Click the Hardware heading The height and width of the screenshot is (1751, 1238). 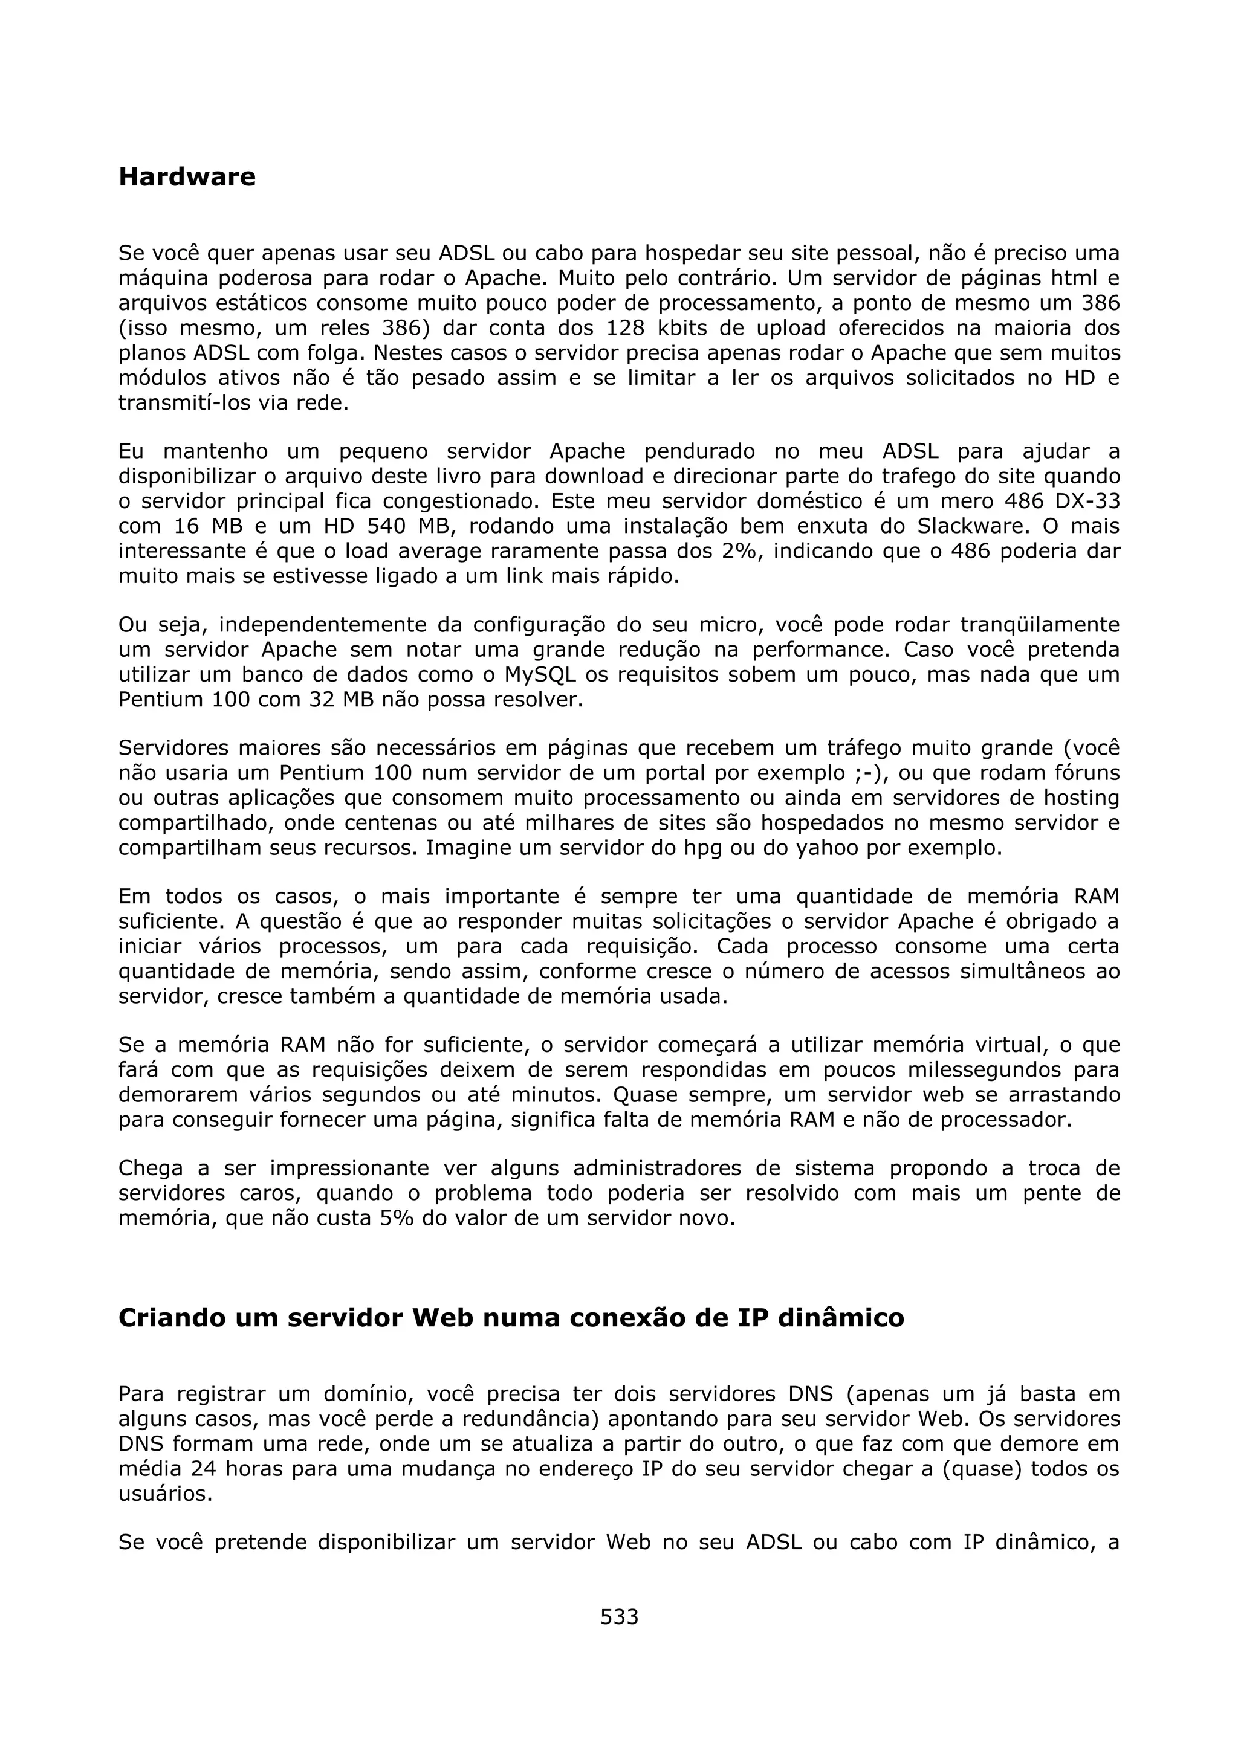tap(187, 177)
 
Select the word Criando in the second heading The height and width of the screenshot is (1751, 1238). tap(169, 1318)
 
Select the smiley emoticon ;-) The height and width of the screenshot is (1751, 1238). tap(870, 773)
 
